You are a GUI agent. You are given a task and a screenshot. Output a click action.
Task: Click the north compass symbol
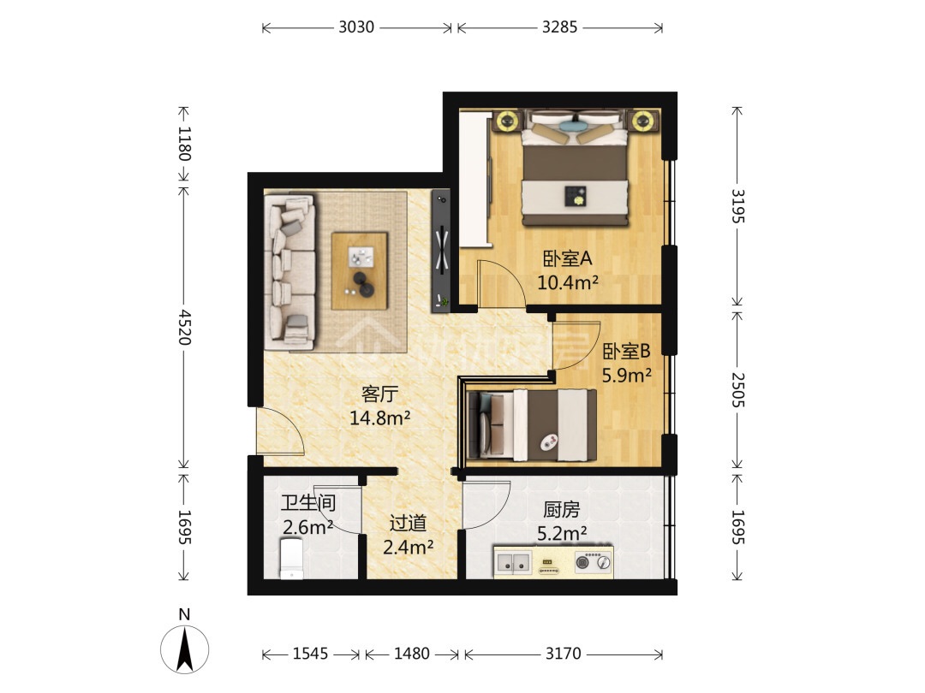185,649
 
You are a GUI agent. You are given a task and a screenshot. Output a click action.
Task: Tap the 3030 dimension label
356,27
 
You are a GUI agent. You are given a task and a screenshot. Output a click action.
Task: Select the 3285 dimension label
560,27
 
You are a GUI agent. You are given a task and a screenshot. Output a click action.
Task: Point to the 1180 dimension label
185,144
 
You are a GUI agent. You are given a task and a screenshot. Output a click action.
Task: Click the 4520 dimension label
185,327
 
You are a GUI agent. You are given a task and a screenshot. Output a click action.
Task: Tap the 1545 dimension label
310,654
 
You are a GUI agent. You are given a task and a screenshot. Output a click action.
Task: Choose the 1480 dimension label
411,654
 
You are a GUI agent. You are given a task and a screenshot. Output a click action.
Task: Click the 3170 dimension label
563,654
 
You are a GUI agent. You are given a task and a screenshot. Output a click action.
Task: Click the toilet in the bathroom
291,558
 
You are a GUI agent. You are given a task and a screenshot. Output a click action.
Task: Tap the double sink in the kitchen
513,562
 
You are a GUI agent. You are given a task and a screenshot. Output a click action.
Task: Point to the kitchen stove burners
593,562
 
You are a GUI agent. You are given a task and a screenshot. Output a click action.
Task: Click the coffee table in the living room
360,271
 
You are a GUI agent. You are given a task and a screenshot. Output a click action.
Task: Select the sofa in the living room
289,273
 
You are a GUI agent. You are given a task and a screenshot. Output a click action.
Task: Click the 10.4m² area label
568,283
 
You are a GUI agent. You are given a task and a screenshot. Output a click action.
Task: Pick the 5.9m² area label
626,376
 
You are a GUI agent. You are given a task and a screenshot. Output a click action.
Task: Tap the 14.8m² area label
380,418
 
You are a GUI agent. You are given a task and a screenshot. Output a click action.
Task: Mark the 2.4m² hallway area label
409,548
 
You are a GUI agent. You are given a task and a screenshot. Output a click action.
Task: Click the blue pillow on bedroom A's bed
572,125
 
